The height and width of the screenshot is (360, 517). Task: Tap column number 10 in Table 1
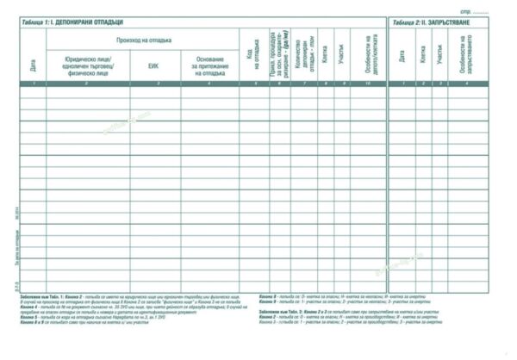pos(367,83)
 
